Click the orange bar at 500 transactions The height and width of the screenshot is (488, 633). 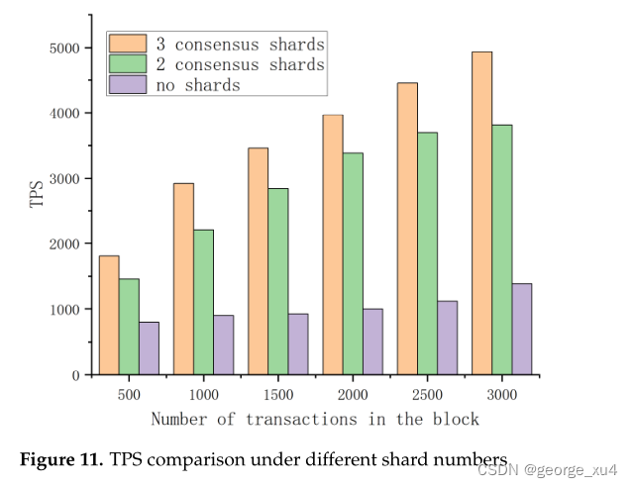coord(109,315)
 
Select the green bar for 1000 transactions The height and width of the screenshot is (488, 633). coord(203,302)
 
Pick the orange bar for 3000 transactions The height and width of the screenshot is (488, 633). coord(481,213)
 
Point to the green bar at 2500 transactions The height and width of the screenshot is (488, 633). coord(427,253)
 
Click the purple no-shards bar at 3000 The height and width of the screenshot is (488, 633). coord(522,329)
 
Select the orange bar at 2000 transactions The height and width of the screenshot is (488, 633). coord(333,244)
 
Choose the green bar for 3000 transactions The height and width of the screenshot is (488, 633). coord(502,249)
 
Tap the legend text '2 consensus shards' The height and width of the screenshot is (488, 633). coord(240,64)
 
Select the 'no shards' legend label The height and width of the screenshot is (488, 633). coord(197,84)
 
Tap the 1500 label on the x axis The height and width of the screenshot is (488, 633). coord(278,394)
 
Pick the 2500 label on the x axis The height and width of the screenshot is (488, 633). coord(427,394)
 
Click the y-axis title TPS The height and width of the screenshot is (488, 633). coord(37,193)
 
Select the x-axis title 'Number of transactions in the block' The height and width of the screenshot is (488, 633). coord(315,419)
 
